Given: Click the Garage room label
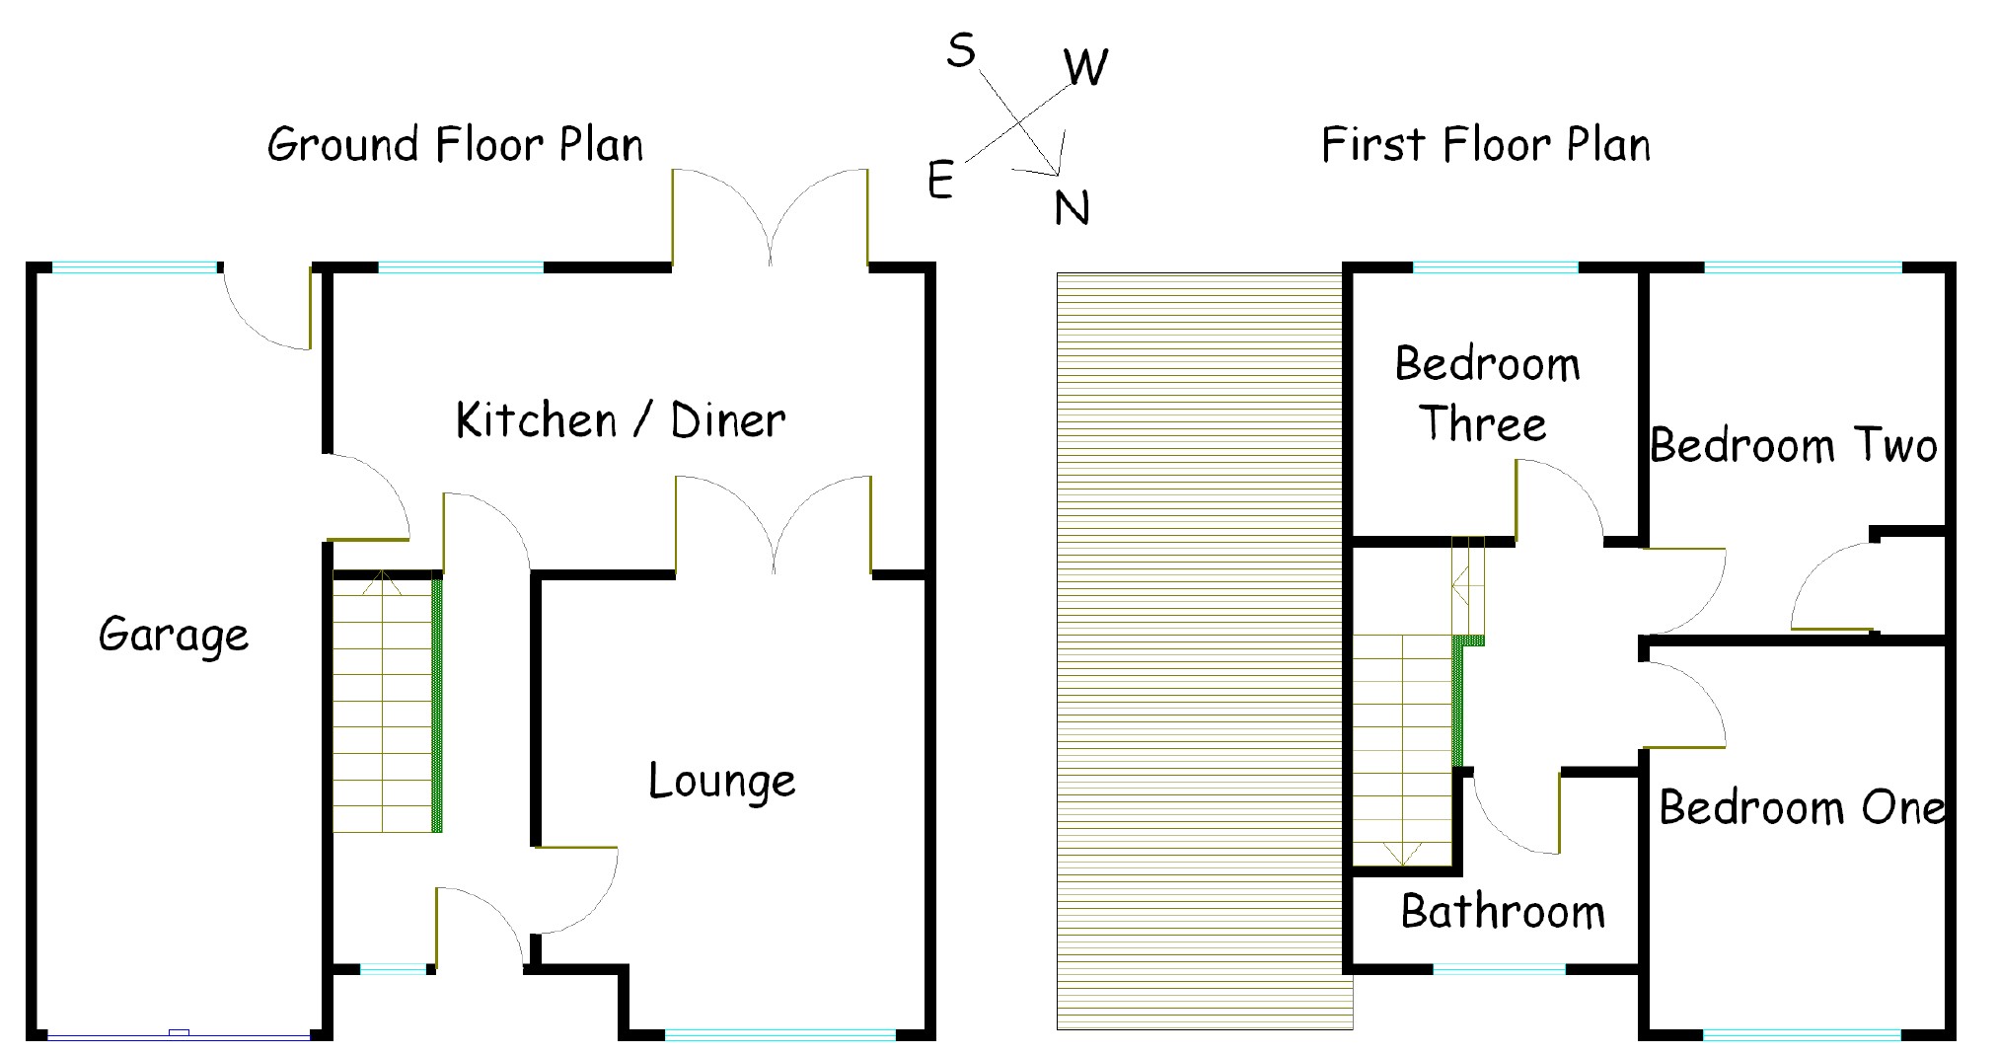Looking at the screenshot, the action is (174, 635).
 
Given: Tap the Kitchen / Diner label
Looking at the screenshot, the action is (621, 420).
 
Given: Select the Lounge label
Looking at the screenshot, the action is (721, 782).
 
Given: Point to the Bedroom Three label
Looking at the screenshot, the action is (1487, 394).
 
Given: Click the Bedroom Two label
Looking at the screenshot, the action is (1794, 445).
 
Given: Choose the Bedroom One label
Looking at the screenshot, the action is (1802, 807).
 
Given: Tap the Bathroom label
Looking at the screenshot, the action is (1503, 911).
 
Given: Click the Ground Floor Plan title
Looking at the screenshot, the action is (455, 144).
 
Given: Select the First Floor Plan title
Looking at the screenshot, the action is (1485, 144).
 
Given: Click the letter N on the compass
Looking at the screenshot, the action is (1072, 208).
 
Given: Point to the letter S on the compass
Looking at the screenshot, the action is (960, 49).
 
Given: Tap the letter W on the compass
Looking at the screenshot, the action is (1086, 67).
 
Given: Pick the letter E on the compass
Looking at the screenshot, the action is (940, 182).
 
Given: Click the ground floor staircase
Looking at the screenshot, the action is (383, 703).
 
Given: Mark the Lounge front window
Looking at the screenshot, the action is (779, 1034).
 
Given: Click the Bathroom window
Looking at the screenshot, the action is (1499, 969).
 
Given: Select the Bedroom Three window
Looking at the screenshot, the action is (1495, 267).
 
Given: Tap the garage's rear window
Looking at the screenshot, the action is (133, 267).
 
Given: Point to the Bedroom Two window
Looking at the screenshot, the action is (1802, 267).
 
